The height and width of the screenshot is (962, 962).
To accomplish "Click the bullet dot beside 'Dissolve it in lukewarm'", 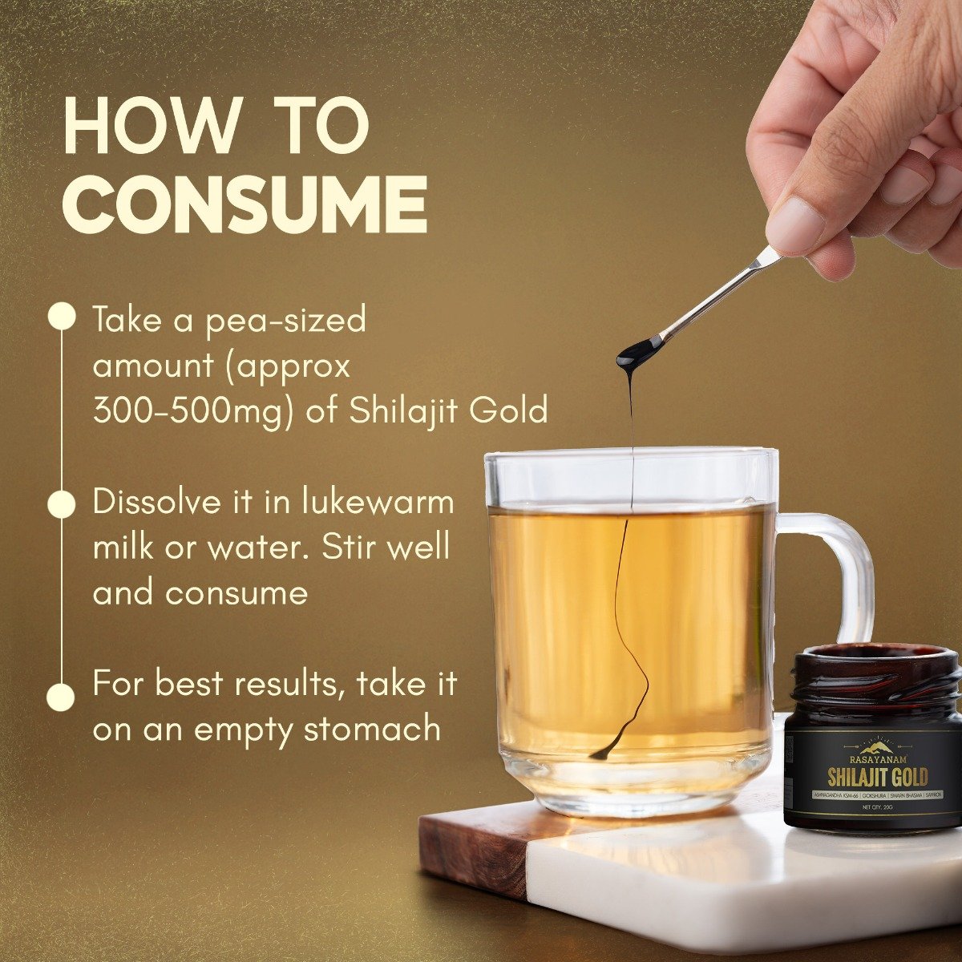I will coord(62,503).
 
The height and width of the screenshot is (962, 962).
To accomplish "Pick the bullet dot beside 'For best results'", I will coord(62,694).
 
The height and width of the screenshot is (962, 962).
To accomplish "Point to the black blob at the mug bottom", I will coord(601,754).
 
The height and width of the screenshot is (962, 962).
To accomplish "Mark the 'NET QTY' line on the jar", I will coord(876,807).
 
